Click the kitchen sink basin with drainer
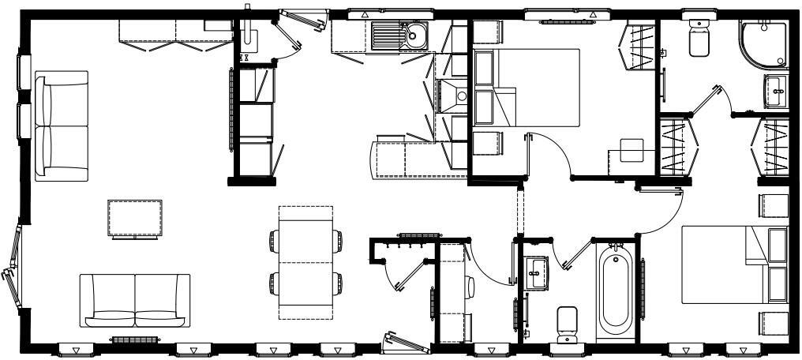point(399,36)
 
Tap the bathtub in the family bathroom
point(616,291)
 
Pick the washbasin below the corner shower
point(775,92)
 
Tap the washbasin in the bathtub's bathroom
point(538,272)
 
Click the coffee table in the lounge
point(135,217)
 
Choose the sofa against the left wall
point(62,125)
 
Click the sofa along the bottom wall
point(136,300)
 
